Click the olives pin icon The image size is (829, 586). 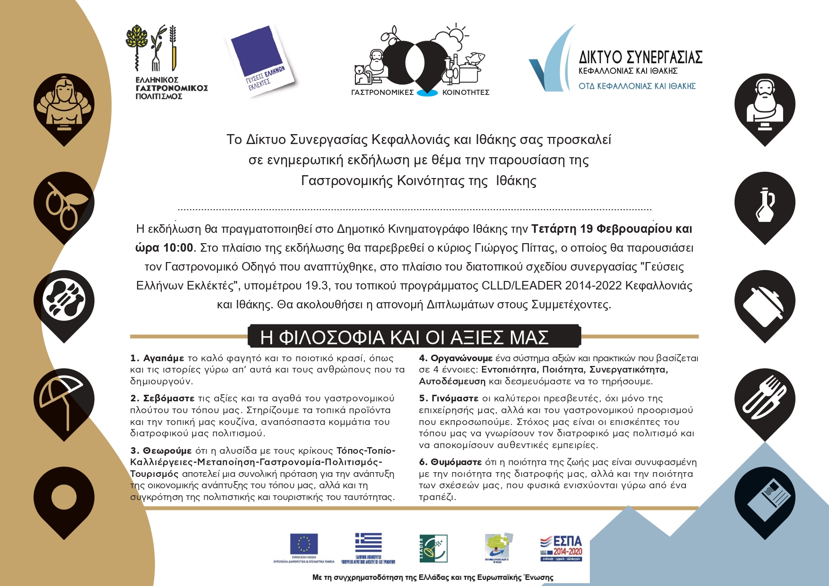click(64, 204)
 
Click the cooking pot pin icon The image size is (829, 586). click(765, 302)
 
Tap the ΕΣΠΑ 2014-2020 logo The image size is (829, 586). click(561, 548)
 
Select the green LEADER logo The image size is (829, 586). click(433, 548)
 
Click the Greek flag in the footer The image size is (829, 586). click(369, 543)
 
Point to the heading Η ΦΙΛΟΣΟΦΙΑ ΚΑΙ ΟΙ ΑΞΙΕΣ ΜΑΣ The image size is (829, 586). click(404, 337)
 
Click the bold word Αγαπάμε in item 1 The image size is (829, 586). click(164, 358)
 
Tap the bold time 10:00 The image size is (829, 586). click(178, 248)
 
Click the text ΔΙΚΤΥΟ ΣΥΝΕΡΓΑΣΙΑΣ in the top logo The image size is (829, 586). click(640, 57)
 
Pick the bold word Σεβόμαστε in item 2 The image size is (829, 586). click(169, 399)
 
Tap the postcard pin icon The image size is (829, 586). click(765, 499)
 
